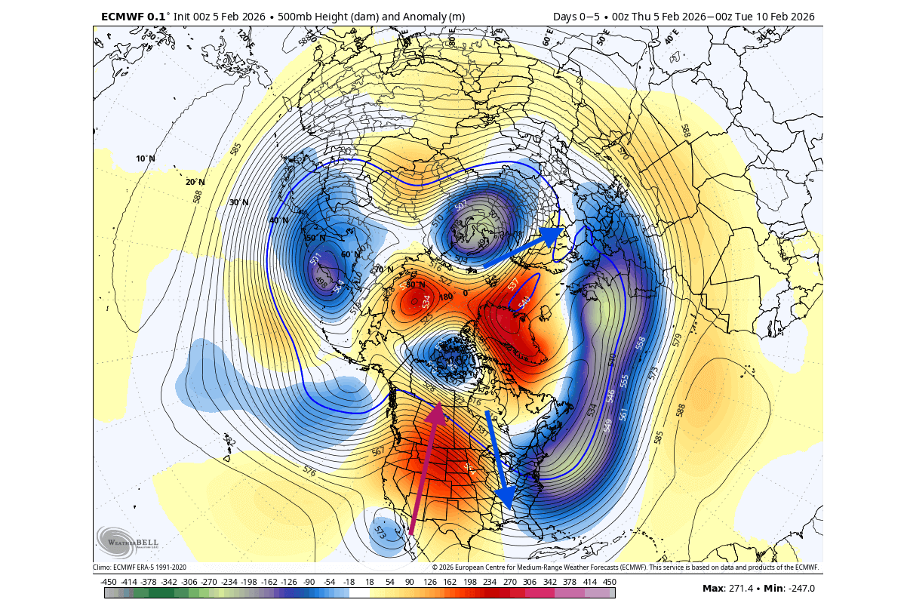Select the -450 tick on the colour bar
(109, 582)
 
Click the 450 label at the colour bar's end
(609, 582)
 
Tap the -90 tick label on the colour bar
(308, 582)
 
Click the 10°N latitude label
(145, 159)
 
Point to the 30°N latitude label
(239, 202)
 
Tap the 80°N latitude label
(416, 285)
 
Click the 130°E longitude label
(150, 35)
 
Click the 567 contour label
(378, 451)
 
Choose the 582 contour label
(229, 439)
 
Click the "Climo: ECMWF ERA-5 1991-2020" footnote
(140, 567)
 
